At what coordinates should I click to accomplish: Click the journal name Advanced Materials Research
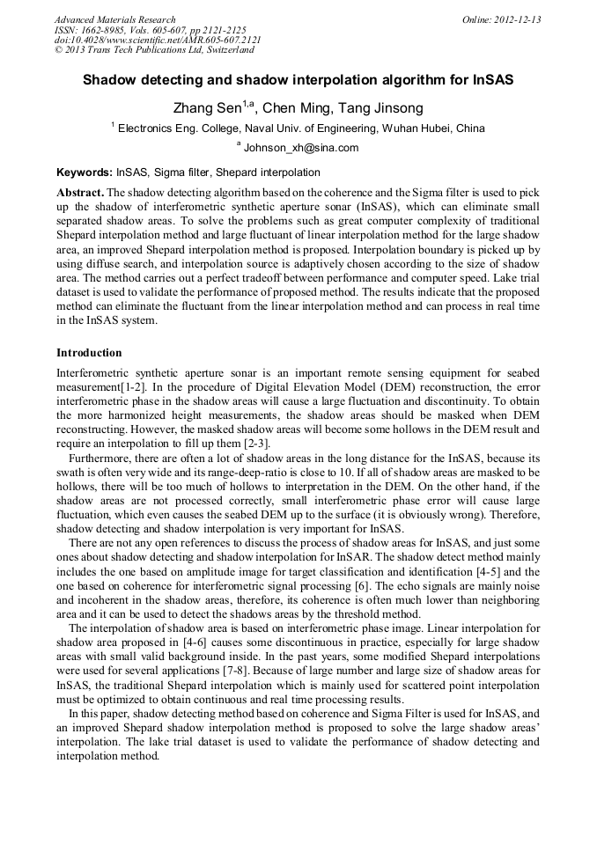tap(114, 19)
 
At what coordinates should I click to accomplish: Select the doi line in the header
tap(157, 40)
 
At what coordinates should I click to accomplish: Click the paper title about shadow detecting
tap(298, 80)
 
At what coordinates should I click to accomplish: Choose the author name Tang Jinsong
tap(380, 108)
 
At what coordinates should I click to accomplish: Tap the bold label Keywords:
tap(85, 172)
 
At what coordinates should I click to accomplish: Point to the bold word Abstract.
tap(79, 192)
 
